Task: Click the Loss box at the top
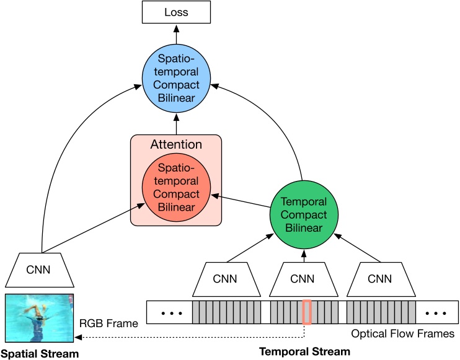pos(175,12)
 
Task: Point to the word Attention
pos(176,145)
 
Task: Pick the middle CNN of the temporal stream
pos(304,279)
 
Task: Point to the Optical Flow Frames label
pos(402,333)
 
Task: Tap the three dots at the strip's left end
pos(169,312)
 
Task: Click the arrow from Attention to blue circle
pos(175,123)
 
